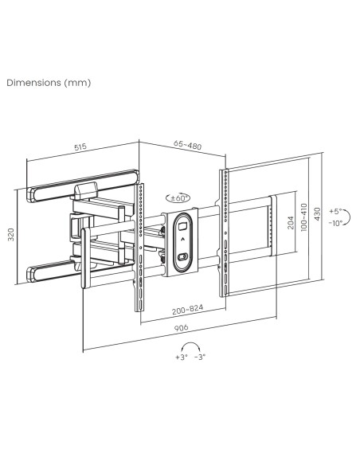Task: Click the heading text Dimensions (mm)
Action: point(49,82)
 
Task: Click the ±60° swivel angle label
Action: point(178,198)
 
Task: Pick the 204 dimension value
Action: point(291,225)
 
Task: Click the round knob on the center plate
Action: point(182,257)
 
